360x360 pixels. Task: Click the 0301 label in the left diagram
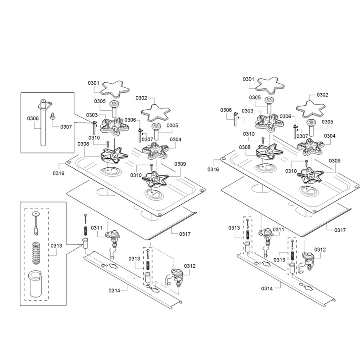[93, 83]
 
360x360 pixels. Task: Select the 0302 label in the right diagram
[322, 95]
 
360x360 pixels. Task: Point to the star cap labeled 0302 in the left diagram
[154, 110]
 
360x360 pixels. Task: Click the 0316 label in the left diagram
[58, 173]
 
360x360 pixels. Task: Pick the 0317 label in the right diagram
[340, 230]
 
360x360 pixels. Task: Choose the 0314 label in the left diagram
[114, 290]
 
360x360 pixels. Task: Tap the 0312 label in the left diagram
[189, 265]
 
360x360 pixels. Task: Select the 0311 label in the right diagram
[279, 229]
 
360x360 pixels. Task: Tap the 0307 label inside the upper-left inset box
[66, 127]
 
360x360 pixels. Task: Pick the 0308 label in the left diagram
[83, 144]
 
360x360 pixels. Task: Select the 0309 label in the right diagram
[334, 161]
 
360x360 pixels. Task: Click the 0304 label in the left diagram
[175, 139]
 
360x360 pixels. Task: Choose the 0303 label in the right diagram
[247, 111]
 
